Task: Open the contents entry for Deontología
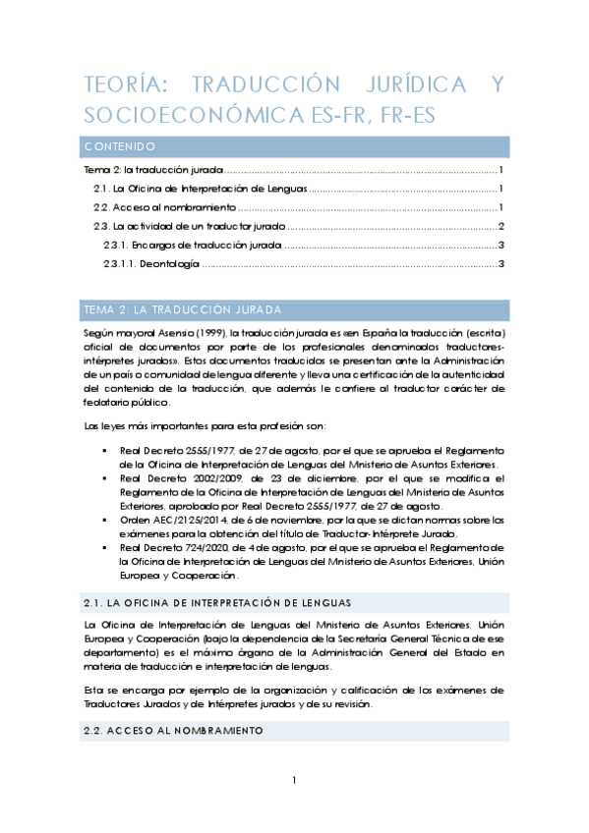coord(151,264)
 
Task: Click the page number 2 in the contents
coord(501,227)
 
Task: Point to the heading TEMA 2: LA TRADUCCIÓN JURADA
coord(183,310)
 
